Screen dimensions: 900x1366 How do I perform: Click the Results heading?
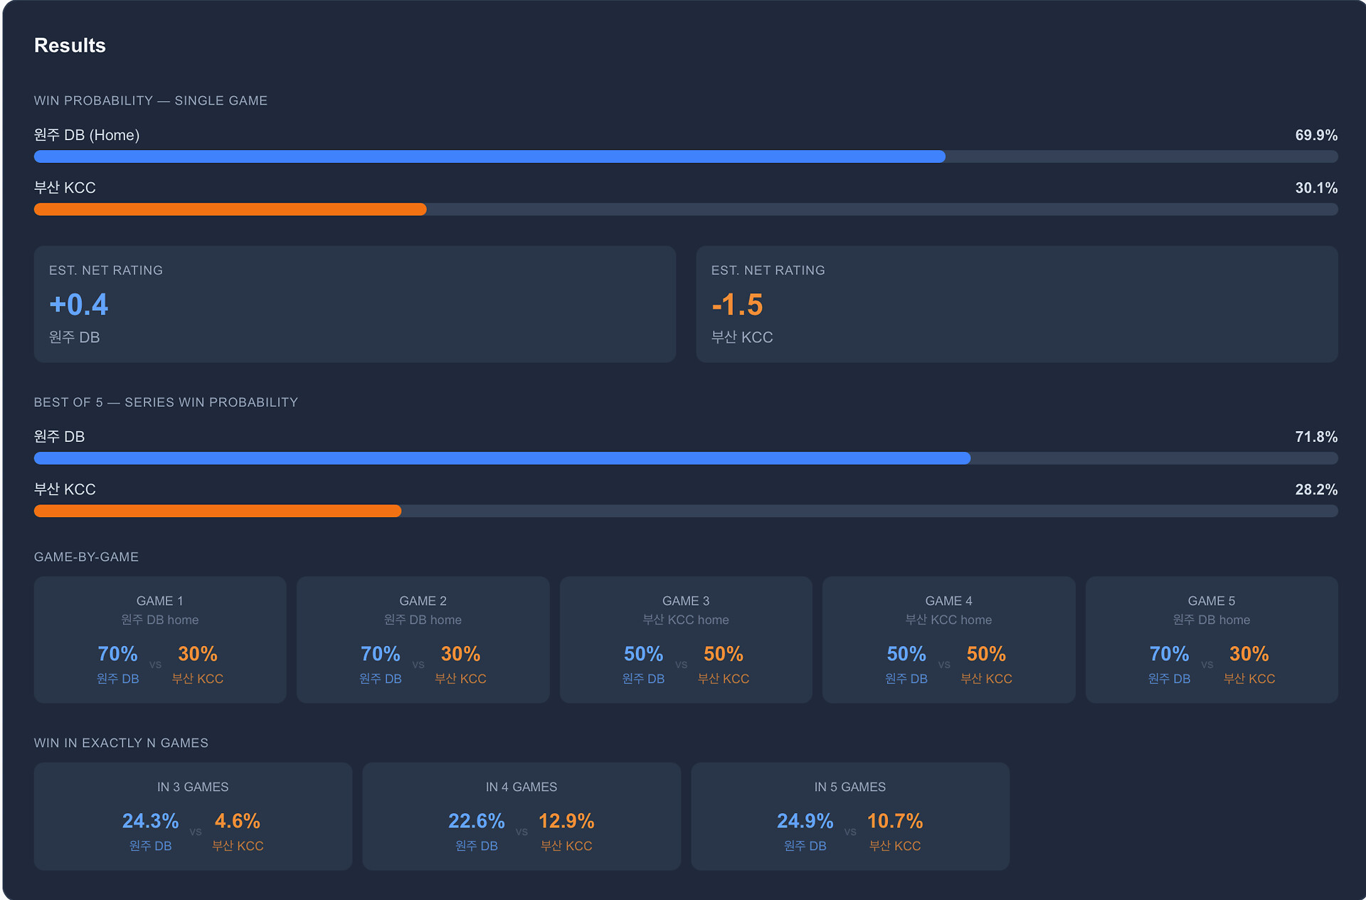(x=70, y=46)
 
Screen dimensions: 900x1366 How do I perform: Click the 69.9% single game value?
(x=1315, y=135)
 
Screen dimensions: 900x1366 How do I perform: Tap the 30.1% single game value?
(x=1315, y=188)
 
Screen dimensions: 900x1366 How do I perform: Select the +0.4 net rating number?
(x=79, y=305)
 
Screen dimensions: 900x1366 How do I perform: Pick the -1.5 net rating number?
(x=737, y=305)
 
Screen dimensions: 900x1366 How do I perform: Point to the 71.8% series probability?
(x=1315, y=437)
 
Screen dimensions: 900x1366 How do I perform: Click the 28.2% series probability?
(x=1315, y=489)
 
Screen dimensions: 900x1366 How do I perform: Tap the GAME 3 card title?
(x=685, y=601)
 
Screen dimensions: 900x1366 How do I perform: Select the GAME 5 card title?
(x=1211, y=601)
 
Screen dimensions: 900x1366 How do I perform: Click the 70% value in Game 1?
(x=117, y=654)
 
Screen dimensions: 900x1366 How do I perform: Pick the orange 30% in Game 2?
(x=460, y=654)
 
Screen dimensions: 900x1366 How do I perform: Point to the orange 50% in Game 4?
(x=986, y=654)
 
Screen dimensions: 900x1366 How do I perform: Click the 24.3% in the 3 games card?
(x=150, y=821)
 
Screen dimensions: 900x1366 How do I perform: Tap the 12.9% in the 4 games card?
(x=566, y=821)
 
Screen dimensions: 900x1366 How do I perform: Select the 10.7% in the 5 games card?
(x=894, y=821)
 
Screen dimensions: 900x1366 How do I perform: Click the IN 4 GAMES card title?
(x=521, y=787)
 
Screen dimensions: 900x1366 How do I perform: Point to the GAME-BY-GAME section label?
(x=86, y=557)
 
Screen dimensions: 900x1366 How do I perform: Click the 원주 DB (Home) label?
(x=87, y=135)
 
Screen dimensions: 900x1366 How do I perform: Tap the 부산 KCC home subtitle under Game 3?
(x=685, y=620)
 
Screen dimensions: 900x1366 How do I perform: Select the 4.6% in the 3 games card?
(x=237, y=821)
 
